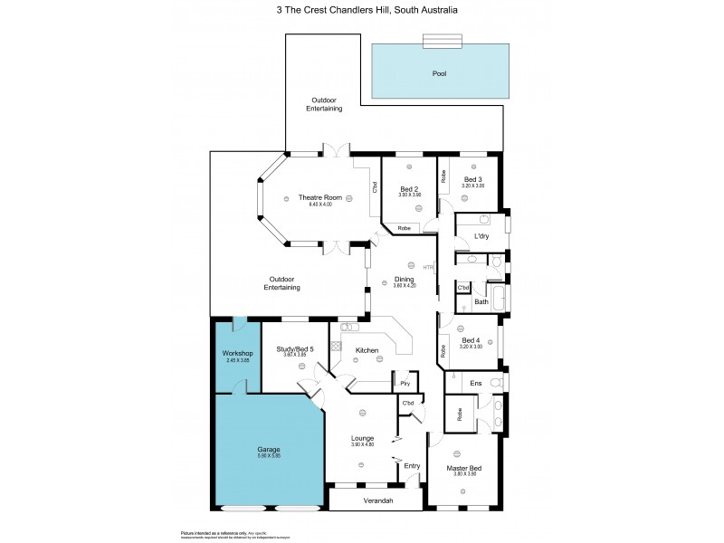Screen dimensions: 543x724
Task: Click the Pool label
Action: click(439, 73)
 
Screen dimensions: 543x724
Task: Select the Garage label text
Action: click(268, 449)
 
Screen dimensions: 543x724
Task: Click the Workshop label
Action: click(236, 352)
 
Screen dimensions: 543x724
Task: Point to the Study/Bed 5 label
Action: click(295, 348)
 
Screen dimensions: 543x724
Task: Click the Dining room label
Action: click(404, 279)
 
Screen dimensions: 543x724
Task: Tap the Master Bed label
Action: click(463, 468)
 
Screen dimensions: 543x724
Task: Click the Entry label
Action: click(412, 465)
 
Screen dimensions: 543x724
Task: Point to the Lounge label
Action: click(362, 438)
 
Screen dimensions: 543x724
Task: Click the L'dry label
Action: click(481, 237)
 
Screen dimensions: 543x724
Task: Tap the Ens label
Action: click(476, 384)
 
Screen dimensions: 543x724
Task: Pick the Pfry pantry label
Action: click(405, 384)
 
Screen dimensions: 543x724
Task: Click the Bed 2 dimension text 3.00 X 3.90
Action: click(410, 195)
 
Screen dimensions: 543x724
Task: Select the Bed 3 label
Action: click(473, 179)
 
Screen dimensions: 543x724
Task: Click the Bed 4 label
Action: click(471, 340)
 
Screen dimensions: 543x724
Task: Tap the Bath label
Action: click(481, 301)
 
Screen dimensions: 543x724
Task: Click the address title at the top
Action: click(367, 11)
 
